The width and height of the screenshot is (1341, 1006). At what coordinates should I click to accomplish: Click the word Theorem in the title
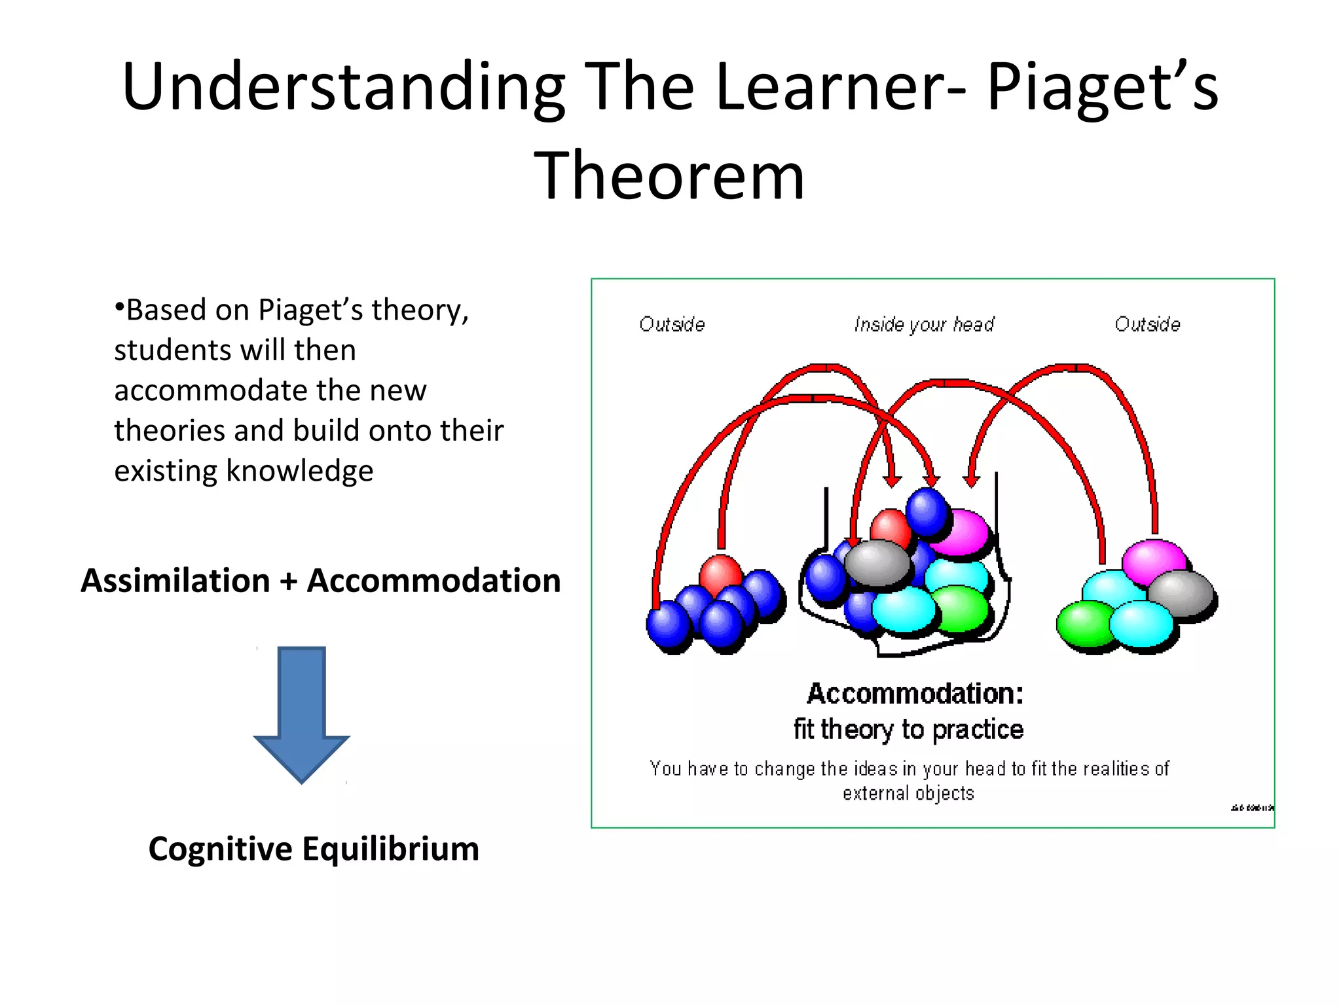[x=669, y=176]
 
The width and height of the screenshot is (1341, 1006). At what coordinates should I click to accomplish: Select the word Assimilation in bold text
[x=175, y=580]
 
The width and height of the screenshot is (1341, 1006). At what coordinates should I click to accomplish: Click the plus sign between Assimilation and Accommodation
[x=288, y=582]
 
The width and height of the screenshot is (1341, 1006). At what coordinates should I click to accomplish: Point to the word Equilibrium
[x=391, y=849]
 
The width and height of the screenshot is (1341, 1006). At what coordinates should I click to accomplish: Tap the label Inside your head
[x=924, y=324]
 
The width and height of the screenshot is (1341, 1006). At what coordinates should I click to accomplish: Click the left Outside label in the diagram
[x=672, y=324]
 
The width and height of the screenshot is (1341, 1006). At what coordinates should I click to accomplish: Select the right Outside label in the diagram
[x=1147, y=324]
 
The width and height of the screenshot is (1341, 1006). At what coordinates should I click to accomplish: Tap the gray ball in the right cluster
[x=1183, y=593]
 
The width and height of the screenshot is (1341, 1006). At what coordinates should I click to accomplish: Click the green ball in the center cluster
[x=960, y=608]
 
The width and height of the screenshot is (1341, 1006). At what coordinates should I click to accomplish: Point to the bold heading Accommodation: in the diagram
[x=915, y=694]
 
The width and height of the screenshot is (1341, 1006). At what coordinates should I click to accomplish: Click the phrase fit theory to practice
[x=908, y=729]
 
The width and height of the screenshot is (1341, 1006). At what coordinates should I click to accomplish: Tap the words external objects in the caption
[x=908, y=793]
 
